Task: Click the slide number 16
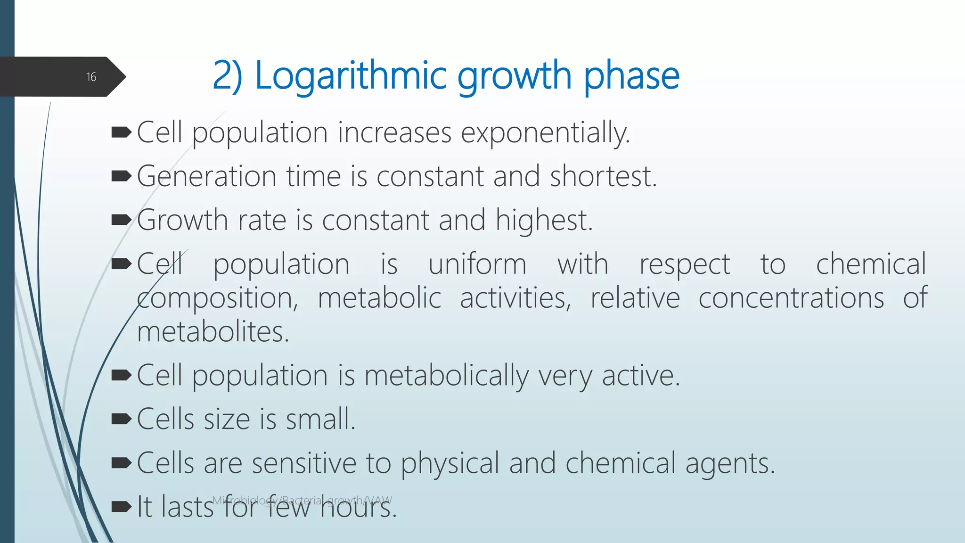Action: [x=91, y=77]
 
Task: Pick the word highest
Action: [x=544, y=221]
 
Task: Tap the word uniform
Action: [x=477, y=264]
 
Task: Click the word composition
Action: [x=217, y=298]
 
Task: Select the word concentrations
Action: [x=791, y=298]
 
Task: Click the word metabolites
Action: [x=213, y=332]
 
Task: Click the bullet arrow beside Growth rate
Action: [x=121, y=220]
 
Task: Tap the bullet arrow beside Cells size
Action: [x=121, y=419]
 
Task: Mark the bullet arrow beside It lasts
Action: [x=121, y=507]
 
